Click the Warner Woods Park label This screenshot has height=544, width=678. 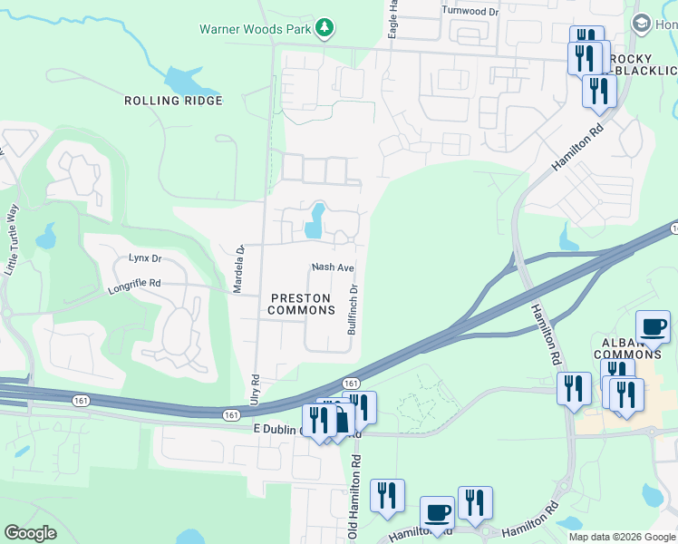tap(255, 28)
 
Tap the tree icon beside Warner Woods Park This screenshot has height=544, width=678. tap(324, 28)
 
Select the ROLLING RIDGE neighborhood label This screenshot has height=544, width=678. tap(173, 101)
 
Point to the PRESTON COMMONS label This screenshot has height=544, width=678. tap(301, 304)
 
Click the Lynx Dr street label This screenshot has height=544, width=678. tap(144, 258)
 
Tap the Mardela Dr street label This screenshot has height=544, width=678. tap(239, 270)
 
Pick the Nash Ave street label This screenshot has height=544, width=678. tap(332, 267)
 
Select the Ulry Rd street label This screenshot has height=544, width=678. tap(256, 390)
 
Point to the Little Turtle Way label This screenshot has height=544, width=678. tap(12, 239)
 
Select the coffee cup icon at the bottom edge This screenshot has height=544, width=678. tap(436, 512)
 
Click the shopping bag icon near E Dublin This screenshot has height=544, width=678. tap(343, 421)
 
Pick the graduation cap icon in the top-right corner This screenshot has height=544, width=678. tap(641, 23)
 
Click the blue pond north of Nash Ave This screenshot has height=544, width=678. tap(315, 221)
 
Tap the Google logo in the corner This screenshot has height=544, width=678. tap(31, 533)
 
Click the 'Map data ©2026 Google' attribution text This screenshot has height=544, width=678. tap(621, 537)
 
